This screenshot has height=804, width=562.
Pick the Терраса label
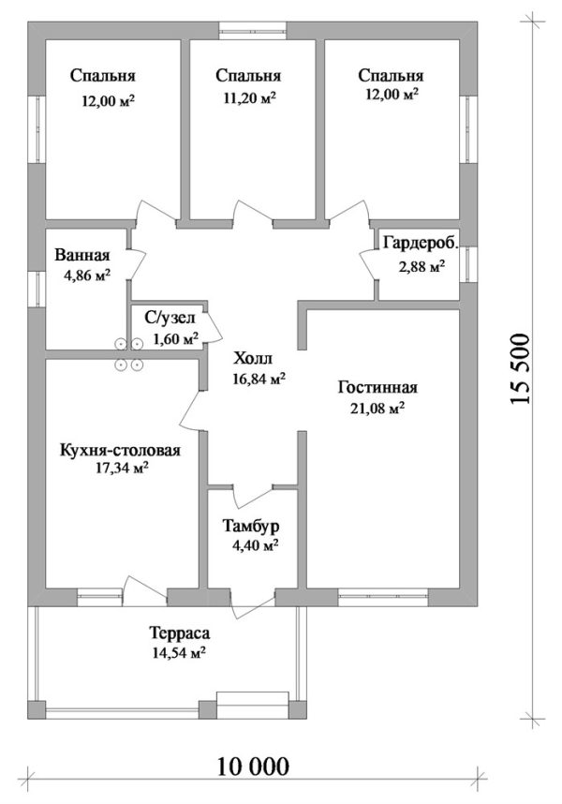(176, 633)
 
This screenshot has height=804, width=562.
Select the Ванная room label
(82, 256)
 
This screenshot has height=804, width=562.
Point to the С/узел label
(170, 319)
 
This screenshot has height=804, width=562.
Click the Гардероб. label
(421, 244)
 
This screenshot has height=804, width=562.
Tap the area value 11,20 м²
(248, 96)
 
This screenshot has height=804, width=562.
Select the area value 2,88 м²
(421, 266)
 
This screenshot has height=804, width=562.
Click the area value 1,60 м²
(175, 338)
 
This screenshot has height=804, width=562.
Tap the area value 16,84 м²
(258, 378)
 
